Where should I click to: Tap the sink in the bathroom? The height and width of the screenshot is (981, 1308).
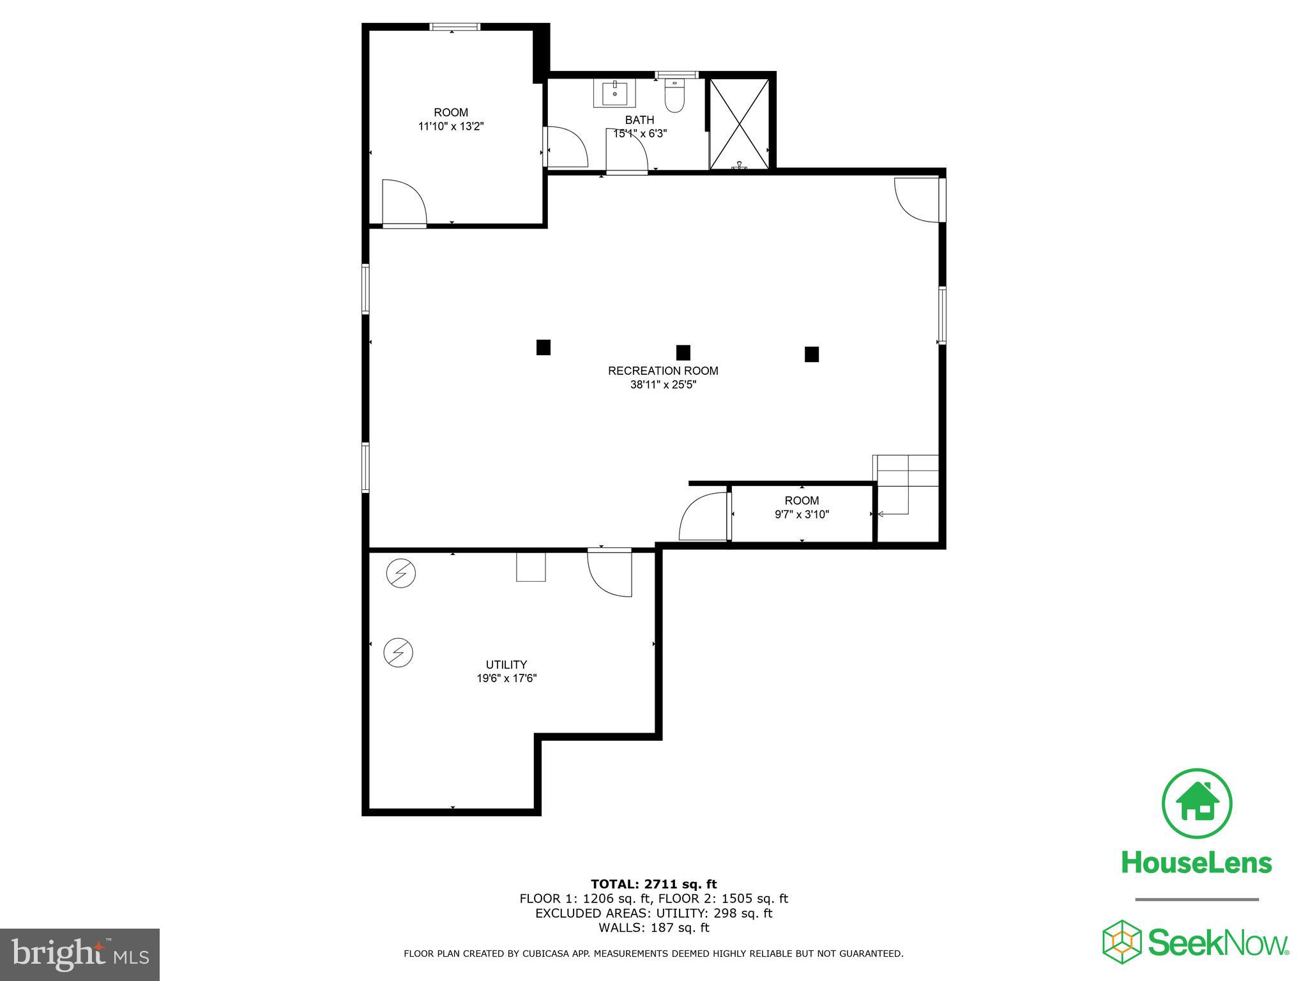pyautogui.click(x=614, y=94)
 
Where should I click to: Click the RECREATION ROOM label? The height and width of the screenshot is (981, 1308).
pyautogui.click(x=662, y=370)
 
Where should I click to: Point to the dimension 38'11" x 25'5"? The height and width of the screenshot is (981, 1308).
pyautogui.click(x=662, y=385)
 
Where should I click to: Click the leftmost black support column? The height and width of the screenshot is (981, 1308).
pyautogui.click(x=543, y=347)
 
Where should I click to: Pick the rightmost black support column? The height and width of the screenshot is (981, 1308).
pyautogui.click(x=811, y=354)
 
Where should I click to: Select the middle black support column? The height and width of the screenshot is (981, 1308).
pyautogui.click(x=683, y=352)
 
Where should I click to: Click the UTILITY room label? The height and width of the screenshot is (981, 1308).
pyautogui.click(x=506, y=664)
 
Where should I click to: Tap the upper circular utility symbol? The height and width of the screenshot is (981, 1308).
pyautogui.click(x=400, y=574)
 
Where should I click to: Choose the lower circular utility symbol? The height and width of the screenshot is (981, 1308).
pyautogui.click(x=398, y=653)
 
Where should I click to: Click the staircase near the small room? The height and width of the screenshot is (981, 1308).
pyautogui.click(x=906, y=485)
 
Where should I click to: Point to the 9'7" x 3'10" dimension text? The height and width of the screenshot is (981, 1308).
pyautogui.click(x=802, y=515)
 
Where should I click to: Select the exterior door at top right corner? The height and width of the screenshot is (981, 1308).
pyautogui.click(x=918, y=199)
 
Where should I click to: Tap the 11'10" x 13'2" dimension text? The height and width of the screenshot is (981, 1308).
pyautogui.click(x=450, y=126)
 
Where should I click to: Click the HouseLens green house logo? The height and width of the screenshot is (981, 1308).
pyautogui.click(x=1197, y=803)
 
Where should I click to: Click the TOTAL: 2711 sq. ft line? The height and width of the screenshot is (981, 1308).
pyautogui.click(x=653, y=884)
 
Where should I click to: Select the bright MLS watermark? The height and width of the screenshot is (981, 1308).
pyautogui.click(x=80, y=954)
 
